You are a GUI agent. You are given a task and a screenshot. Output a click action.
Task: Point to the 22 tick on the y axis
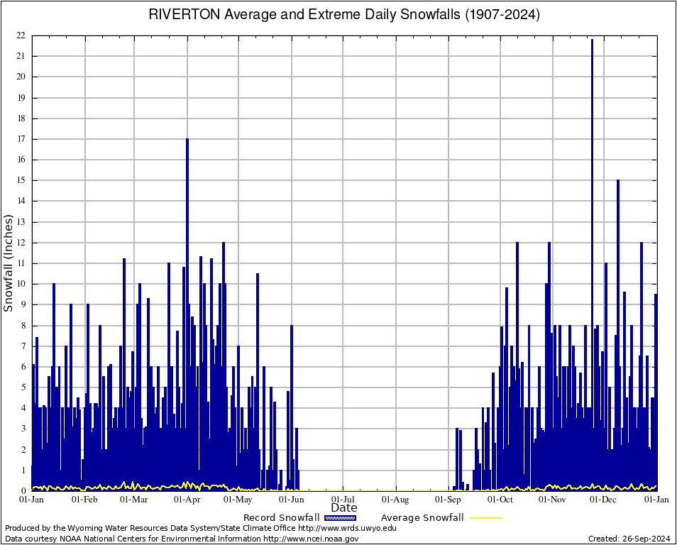click(21, 35)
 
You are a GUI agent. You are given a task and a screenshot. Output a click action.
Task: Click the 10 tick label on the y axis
click(21, 284)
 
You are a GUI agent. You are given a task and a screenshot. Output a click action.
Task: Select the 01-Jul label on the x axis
click(343, 500)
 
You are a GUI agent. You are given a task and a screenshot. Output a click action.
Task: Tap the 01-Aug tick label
click(396, 500)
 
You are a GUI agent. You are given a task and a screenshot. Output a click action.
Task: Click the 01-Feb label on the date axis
click(84, 500)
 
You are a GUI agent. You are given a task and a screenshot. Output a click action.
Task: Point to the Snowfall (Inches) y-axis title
click(9, 263)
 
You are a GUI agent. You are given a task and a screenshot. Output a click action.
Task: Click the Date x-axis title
click(344, 508)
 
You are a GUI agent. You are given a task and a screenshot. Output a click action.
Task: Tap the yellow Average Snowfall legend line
click(485, 517)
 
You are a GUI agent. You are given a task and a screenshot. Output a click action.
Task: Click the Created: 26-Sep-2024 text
click(629, 539)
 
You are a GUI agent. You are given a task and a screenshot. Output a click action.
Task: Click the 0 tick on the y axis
click(23, 490)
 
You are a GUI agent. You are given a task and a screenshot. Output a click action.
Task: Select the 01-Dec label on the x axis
click(604, 500)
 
